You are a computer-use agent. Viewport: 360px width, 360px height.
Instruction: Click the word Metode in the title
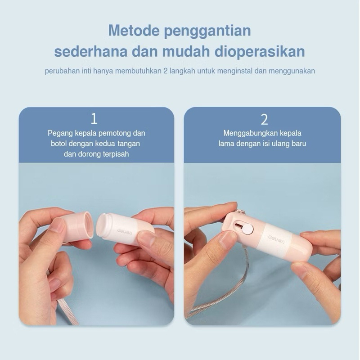pyautogui.click(x=133, y=32)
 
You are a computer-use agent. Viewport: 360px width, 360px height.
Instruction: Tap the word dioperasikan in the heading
pyautogui.click(x=265, y=51)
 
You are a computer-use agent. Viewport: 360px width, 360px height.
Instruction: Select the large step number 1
pyautogui.click(x=94, y=119)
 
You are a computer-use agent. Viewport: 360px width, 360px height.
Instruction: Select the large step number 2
pyautogui.click(x=264, y=119)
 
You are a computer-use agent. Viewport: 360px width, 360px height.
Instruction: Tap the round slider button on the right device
pyautogui.click(x=247, y=229)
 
